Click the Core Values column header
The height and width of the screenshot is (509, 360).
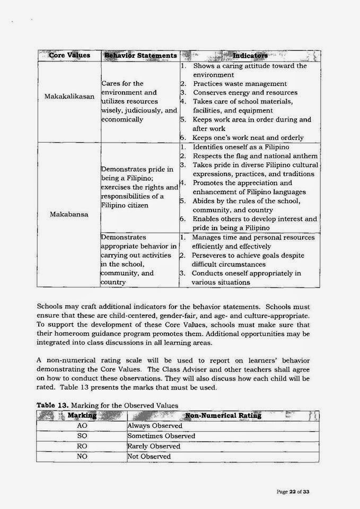click(69, 55)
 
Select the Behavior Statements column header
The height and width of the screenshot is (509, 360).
click(141, 55)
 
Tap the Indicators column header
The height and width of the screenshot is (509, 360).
click(250, 55)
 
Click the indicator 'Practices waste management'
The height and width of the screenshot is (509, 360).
click(240, 84)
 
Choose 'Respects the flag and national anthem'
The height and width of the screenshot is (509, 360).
click(255, 155)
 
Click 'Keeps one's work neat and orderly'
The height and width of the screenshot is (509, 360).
click(248, 137)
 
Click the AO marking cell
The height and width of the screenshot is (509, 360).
click(82, 426)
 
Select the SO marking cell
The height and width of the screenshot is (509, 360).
click(82, 436)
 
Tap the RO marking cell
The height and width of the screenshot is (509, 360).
click(82, 446)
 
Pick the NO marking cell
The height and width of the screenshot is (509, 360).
click(82, 457)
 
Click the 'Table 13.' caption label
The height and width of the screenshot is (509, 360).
click(52, 405)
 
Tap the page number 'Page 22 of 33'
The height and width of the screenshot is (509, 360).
click(293, 492)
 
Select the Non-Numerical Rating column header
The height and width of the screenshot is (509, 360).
click(223, 415)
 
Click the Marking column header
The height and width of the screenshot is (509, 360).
click(82, 415)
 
